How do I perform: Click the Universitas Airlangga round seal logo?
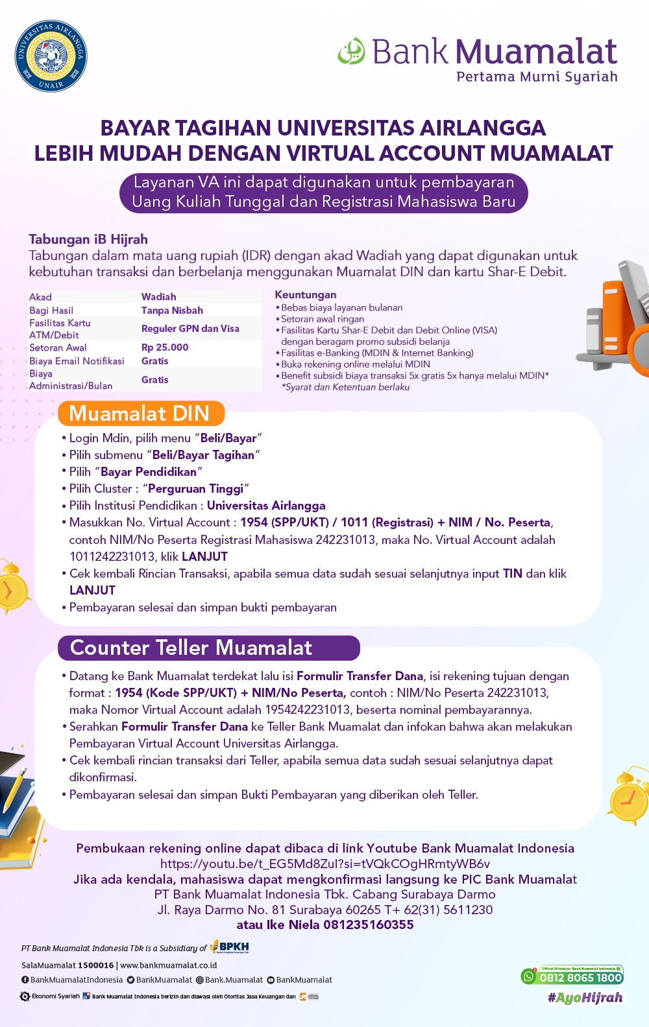click(51, 56)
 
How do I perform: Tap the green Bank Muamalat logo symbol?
click(351, 51)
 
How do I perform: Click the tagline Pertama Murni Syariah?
click(537, 77)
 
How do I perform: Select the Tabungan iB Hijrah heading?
click(88, 239)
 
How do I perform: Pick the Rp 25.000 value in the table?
click(165, 348)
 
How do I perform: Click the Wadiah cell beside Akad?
click(159, 297)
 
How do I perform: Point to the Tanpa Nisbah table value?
click(172, 311)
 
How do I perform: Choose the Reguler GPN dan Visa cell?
click(190, 329)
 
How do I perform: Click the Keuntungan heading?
click(306, 295)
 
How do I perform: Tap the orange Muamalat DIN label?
click(140, 414)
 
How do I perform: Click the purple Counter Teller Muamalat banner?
click(208, 648)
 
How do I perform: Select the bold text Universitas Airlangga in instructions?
click(266, 506)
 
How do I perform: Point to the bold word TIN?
click(512, 574)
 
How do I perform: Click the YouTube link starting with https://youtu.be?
click(324, 864)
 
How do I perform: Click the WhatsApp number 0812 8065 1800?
click(580, 978)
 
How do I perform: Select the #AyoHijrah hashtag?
click(585, 998)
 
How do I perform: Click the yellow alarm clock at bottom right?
click(628, 797)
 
